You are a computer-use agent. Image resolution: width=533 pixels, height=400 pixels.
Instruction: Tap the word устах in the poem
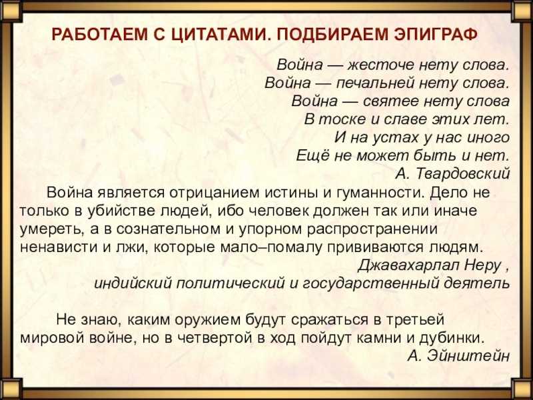pos(391,138)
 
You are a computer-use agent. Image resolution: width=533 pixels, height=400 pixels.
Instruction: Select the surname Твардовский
pos(463,174)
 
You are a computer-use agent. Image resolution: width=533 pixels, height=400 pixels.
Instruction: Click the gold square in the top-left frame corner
pos(11,11)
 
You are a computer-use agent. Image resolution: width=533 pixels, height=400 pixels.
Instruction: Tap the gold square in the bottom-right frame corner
pos(522,389)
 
